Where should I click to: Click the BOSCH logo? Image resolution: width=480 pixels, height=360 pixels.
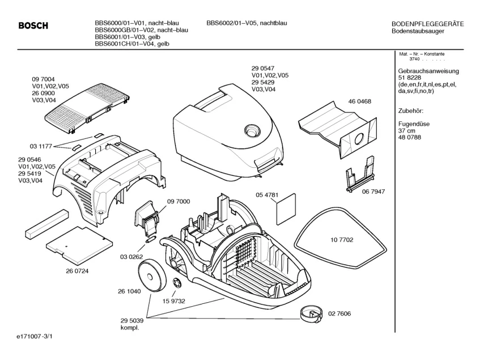click(x=33, y=26)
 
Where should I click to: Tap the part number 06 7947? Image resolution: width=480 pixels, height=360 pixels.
click(x=373, y=192)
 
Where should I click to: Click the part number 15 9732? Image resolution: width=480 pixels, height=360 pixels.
click(x=174, y=301)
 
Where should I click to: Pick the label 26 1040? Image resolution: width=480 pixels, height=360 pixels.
click(x=129, y=291)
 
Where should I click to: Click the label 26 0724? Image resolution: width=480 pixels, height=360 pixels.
click(x=77, y=270)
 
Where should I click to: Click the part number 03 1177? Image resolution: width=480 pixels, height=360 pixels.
click(x=41, y=146)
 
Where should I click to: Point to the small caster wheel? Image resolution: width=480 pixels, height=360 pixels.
click(x=309, y=311)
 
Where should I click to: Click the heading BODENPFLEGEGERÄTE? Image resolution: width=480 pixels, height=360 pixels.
click(x=427, y=23)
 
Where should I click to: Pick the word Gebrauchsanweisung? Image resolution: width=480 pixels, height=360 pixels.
click(x=428, y=71)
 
